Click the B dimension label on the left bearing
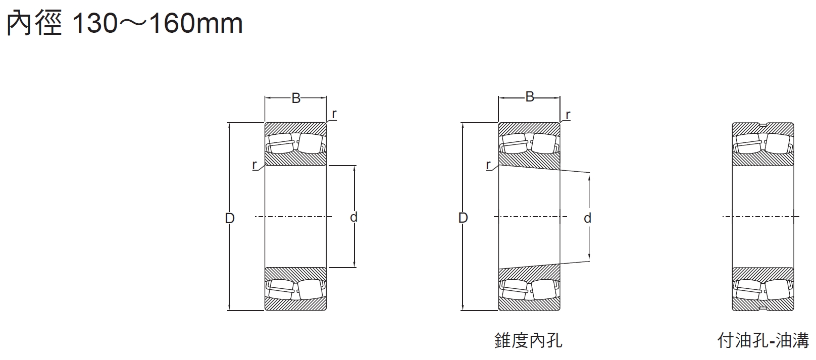tap(296, 98)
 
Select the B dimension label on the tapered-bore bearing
tap(529, 97)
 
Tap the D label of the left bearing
tap(230, 218)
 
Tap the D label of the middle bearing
tap(463, 218)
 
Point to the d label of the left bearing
tap(353, 217)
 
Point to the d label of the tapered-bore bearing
tap(587, 218)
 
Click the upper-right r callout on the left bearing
tap(334, 114)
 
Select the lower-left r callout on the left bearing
tap(254, 165)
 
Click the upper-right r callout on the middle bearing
tap(568, 115)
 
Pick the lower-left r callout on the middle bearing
tap(488, 165)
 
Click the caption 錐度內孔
tap(528, 340)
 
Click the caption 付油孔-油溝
tap(763, 340)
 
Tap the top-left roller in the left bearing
tap(280, 142)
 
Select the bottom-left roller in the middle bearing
tap(514, 290)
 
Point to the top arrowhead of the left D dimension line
tap(230, 126)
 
